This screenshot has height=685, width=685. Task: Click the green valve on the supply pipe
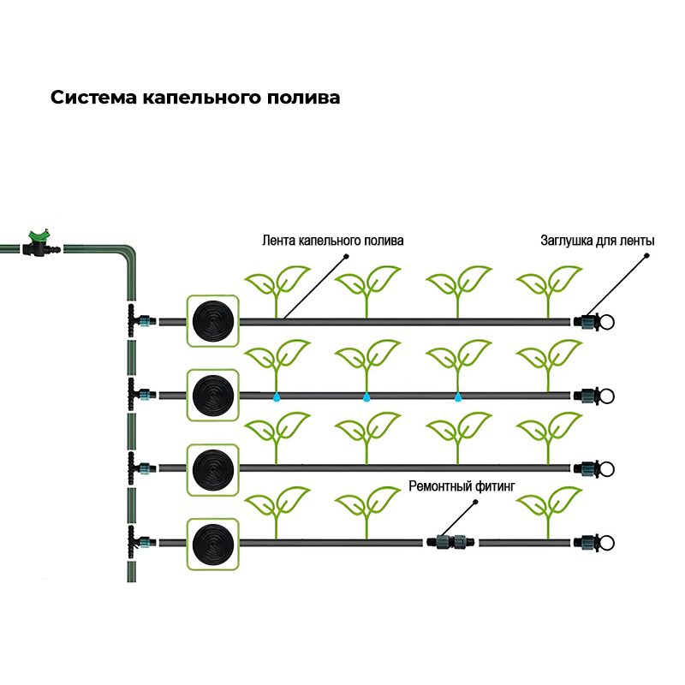[x=39, y=243]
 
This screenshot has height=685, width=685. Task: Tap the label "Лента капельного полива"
[x=332, y=241]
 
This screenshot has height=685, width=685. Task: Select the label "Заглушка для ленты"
[x=597, y=241]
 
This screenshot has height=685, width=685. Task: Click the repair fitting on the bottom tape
[x=450, y=542]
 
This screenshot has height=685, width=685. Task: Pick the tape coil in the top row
[x=211, y=321]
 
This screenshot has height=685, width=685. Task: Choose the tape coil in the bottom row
[x=211, y=543]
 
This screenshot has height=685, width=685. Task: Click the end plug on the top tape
[x=595, y=322]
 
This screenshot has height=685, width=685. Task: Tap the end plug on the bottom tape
[x=595, y=543]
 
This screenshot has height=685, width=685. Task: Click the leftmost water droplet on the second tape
[x=277, y=397]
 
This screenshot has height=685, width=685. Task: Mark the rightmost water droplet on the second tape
[x=457, y=397]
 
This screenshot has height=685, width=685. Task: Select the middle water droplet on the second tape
[x=366, y=397]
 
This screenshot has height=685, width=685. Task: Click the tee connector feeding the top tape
[x=135, y=321]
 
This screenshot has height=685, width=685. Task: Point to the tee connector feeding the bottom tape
[x=135, y=542]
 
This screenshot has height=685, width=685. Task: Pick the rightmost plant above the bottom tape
[x=549, y=511]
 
